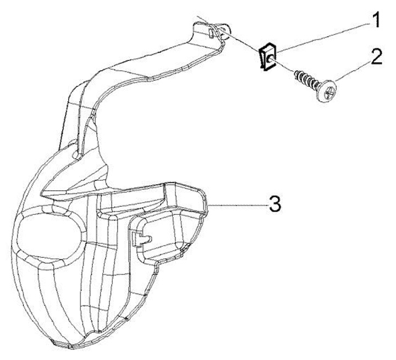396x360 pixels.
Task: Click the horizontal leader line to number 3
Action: tap(237, 204)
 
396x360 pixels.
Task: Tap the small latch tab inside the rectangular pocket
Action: tap(140, 237)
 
